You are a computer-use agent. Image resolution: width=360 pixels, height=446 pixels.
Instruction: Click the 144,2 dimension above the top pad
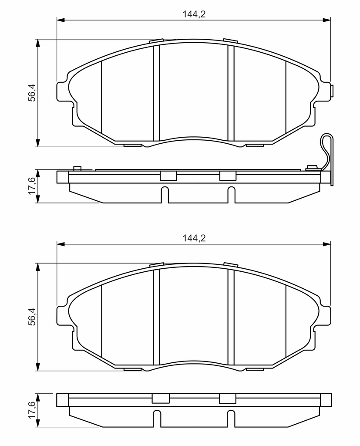194,14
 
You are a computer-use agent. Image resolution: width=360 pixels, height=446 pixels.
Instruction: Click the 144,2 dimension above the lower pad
194,238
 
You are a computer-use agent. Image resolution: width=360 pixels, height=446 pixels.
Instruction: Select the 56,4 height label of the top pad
32,92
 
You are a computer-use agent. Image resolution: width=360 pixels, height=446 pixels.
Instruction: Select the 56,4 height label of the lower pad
32,316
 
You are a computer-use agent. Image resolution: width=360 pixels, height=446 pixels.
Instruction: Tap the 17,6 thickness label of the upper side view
32,186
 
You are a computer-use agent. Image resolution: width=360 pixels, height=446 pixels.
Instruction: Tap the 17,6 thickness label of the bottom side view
32,409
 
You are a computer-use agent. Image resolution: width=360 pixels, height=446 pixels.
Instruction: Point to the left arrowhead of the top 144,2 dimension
61,20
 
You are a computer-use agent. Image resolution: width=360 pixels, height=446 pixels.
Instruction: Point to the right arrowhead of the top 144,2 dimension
327,20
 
